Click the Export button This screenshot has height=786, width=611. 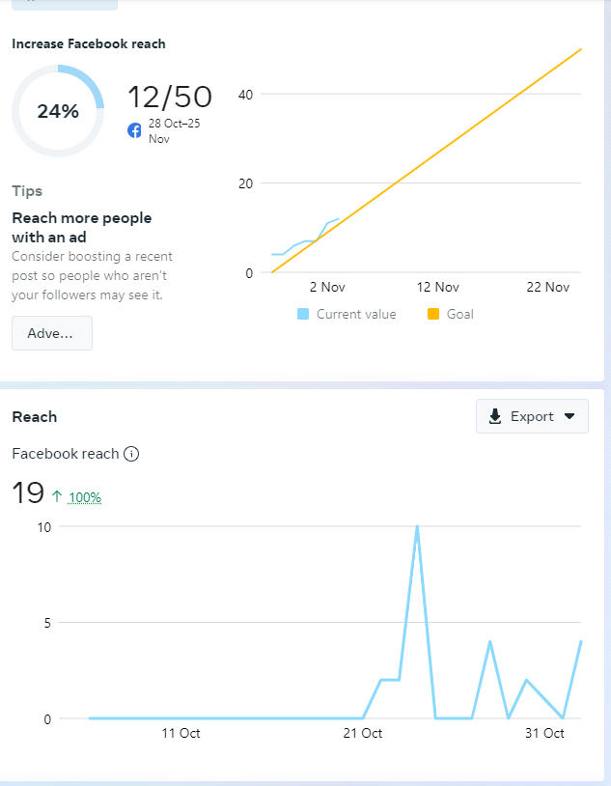coord(532,416)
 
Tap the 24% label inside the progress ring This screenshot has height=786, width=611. coord(58,111)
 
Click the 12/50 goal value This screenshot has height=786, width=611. coord(170,97)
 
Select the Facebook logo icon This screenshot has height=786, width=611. coord(135,130)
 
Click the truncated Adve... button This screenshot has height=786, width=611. coord(52,333)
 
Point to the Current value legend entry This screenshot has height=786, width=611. coord(347,314)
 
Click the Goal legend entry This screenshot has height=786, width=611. coord(451,314)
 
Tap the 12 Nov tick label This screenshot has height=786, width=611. coord(437,287)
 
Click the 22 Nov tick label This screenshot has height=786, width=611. coord(547,287)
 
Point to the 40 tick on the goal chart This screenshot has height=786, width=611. coord(246,94)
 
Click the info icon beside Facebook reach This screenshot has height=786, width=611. coord(132,454)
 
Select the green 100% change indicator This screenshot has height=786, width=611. coord(85,497)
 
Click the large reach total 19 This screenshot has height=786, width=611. coord(28,493)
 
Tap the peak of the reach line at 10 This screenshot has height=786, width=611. coord(417,527)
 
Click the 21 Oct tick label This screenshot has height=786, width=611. coord(363,733)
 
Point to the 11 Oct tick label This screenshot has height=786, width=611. coord(181,733)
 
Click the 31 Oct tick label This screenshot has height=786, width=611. coord(544,733)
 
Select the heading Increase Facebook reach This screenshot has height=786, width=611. coord(89,43)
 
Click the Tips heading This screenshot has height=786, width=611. coord(27,191)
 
